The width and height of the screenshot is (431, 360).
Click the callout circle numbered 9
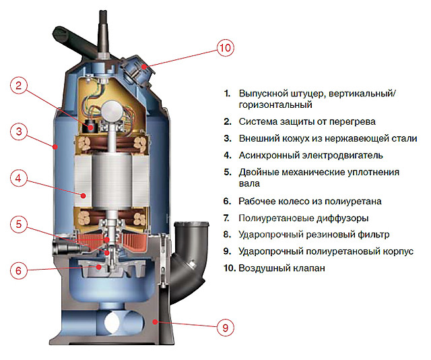click(x=227, y=328)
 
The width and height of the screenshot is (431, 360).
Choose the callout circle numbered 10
click(x=227, y=47)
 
